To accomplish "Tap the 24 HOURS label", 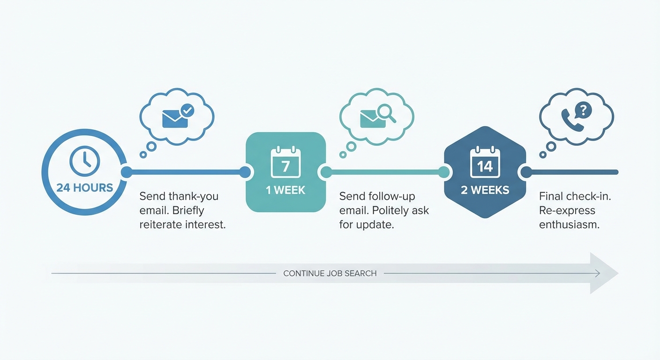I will coord(85,188).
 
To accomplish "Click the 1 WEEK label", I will coord(285,190).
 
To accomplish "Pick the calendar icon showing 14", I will coord(485,163).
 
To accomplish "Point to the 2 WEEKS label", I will coord(485,190).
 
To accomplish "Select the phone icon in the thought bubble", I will coord(572,120).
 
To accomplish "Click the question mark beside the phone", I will coord(583,110).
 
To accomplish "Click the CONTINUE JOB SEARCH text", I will coord(330,273).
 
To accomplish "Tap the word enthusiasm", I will coord(569,225).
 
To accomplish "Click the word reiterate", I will coord(161,225).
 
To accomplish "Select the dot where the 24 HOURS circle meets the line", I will coord(127,172).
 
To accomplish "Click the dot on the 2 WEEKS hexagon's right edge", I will coord(526,172).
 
